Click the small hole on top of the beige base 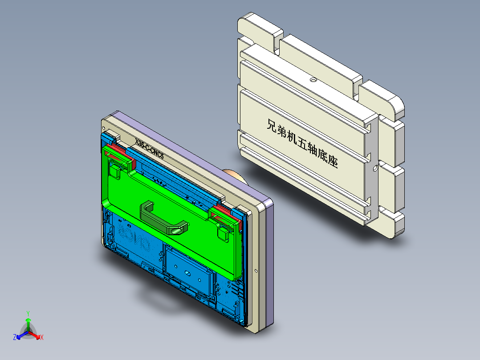313,80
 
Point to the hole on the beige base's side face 375,169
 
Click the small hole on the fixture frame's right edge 256,271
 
